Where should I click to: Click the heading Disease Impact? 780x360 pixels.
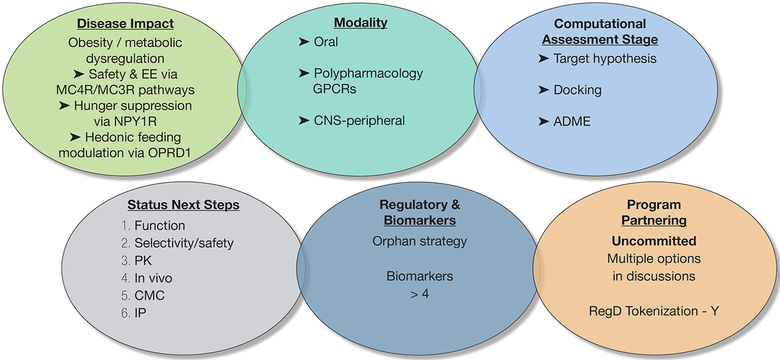[125, 24]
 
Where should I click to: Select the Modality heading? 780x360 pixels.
[360, 23]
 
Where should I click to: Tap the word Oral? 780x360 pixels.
[325, 42]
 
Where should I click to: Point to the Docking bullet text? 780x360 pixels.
[577, 90]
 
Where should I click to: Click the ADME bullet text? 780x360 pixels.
[572, 121]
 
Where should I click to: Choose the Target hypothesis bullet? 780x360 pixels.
[604, 59]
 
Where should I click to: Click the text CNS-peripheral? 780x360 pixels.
[359, 120]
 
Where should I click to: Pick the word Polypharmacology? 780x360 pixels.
[368, 73]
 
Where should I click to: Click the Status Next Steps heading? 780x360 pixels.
[183, 205]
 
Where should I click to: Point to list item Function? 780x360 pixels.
[159, 225]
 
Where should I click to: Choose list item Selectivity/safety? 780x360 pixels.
[184, 243]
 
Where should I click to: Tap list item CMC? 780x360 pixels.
[149, 295]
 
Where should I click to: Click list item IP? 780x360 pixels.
[140, 313]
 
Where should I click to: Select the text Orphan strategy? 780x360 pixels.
[420, 241]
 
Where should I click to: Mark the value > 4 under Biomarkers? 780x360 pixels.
[419, 293]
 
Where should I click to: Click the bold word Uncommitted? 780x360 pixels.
[654, 241]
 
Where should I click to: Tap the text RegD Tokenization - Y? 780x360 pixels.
[654, 311]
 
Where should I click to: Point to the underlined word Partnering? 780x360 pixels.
[654, 221]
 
